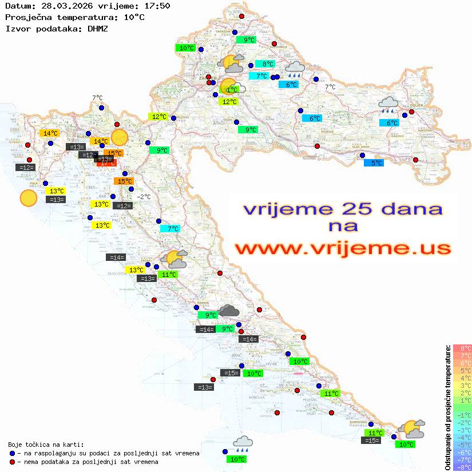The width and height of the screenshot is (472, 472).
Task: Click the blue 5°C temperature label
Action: pyautogui.click(x=374, y=163)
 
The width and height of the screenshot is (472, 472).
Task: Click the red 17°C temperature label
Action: pyautogui.click(x=107, y=162)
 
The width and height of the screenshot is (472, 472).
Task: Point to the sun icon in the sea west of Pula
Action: pyautogui.click(x=28, y=198)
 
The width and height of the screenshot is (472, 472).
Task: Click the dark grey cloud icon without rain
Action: pyautogui.click(x=229, y=311)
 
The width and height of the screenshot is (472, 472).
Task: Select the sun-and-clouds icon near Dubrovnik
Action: pyautogui.click(x=412, y=429)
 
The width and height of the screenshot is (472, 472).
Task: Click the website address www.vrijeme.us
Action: pyautogui.click(x=343, y=248)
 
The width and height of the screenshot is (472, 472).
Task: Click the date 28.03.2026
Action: pyautogui.click(x=64, y=6)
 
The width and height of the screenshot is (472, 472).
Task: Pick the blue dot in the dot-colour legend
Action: pyautogui.click(x=12, y=453)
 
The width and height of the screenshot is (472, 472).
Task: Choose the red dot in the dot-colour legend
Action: pyautogui.click(x=12, y=462)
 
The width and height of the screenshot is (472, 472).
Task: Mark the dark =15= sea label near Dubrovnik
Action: pyautogui.click(x=371, y=441)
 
